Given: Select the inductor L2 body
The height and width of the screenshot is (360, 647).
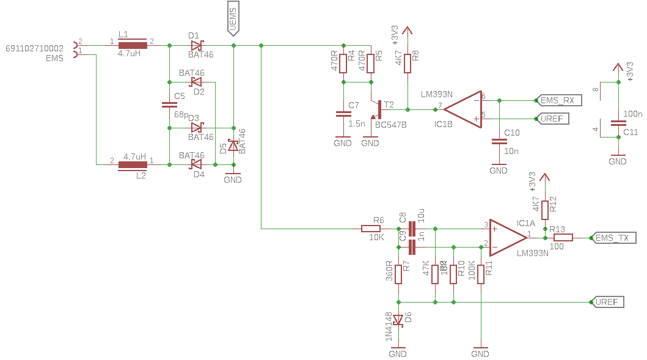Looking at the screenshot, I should (133, 165).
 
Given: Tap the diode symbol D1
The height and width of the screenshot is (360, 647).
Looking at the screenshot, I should (197, 45).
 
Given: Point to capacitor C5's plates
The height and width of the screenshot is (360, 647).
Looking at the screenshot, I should (169, 105).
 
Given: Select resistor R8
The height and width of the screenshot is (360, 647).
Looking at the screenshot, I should (407, 62).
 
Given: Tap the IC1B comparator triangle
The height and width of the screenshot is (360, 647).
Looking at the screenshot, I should (462, 109).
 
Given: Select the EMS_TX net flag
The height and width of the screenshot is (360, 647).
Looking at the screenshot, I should (614, 238).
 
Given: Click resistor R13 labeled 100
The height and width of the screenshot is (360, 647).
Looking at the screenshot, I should (562, 238).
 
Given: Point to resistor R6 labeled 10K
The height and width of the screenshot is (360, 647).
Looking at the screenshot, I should (371, 229).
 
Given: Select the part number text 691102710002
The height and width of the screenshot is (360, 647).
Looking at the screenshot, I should (34, 48).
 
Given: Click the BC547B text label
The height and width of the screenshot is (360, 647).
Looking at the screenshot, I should (390, 125).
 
